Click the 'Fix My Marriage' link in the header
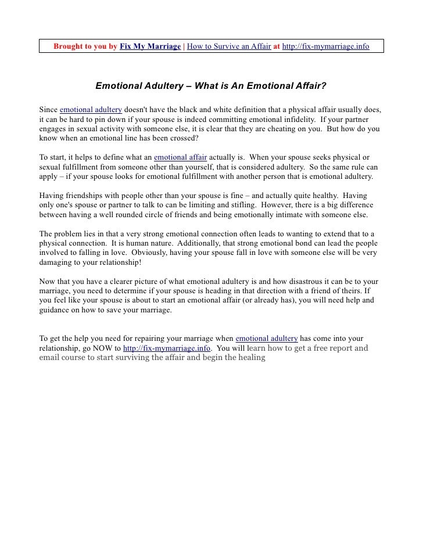[150, 46]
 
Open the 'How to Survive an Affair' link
[228, 46]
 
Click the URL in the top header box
[325, 46]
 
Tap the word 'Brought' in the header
[69, 46]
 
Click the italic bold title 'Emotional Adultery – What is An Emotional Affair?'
[211, 87]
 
